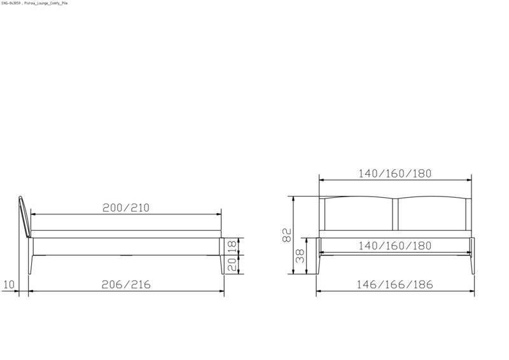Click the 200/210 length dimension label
(x=126, y=208)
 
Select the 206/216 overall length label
(x=127, y=284)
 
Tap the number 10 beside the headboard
(x=8, y=284)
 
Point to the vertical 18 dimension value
(x=232, y=246)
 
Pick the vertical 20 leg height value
(x=232, y=263)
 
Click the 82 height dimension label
(x=286, y=235)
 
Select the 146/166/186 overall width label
(x=395, y=284)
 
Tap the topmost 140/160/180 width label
(x=395, y=173)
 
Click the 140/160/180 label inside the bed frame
(x=395, y=246)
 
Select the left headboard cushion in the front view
(x=359, y=214)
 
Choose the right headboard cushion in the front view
(x=431, y=214)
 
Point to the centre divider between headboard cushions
(x=396, y=215)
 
